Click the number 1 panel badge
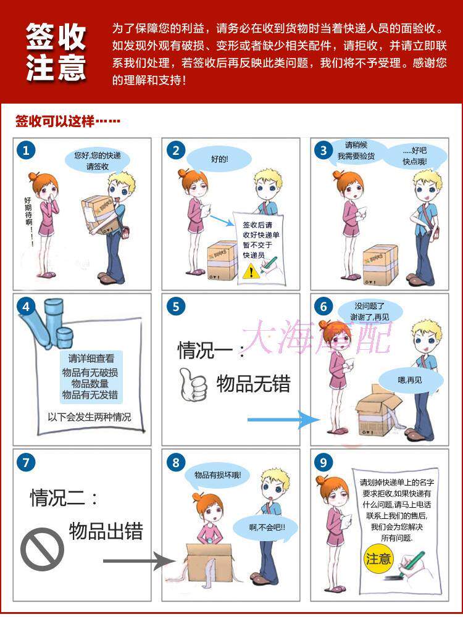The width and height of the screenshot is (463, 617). [x=25, y=151]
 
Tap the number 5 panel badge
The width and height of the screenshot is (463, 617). [x=176, y=307]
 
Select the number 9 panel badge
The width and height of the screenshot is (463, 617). [x=322, y=462]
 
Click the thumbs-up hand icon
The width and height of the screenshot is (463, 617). [x=192, y=384]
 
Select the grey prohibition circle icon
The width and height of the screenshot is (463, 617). [x=42, y=549]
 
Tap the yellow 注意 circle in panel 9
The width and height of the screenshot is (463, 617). [x=378, y=559]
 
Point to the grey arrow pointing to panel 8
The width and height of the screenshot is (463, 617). [x=140, y=561]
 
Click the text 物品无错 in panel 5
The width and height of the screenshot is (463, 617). [x=253, y=384]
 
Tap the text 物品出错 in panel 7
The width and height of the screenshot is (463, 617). [x=106, y=531]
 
